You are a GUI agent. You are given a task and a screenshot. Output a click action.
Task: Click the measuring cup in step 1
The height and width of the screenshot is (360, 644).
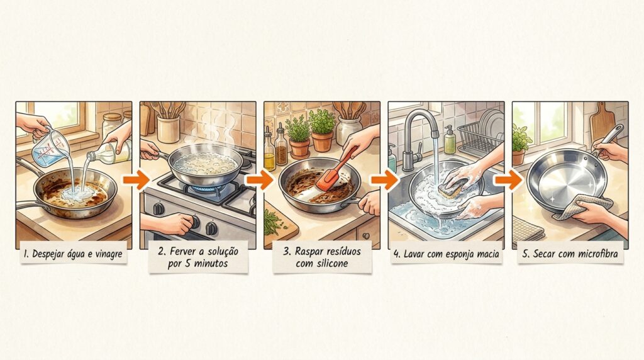pyautogui.click(x=50, y=149)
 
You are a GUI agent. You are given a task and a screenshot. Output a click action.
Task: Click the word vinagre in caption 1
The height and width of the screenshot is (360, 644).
pyautogui.click(x=108, y=254)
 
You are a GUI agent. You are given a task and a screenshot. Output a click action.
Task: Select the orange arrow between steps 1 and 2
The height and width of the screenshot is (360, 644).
pyautogui.click(x=136, y=180)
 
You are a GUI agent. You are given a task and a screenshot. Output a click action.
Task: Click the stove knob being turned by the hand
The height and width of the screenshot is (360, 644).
pyautogui.click(x=194, y=223)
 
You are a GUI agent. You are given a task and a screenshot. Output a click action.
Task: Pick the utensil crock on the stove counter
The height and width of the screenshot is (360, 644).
pyautogui.click(x=169, y=128)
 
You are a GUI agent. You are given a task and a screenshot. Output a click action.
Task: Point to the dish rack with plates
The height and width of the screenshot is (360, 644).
pyautogui.click(x=480, y=135)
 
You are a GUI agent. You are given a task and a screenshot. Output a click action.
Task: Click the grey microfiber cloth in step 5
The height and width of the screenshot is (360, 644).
pyautogui.click(x=583, y=207)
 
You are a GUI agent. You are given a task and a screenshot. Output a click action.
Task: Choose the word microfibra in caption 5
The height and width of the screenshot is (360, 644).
pyautogui.click(x=597, y=254)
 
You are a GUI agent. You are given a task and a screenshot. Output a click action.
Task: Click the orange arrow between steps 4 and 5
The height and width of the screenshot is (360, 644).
pyautogui.click(x=509, y=180)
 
